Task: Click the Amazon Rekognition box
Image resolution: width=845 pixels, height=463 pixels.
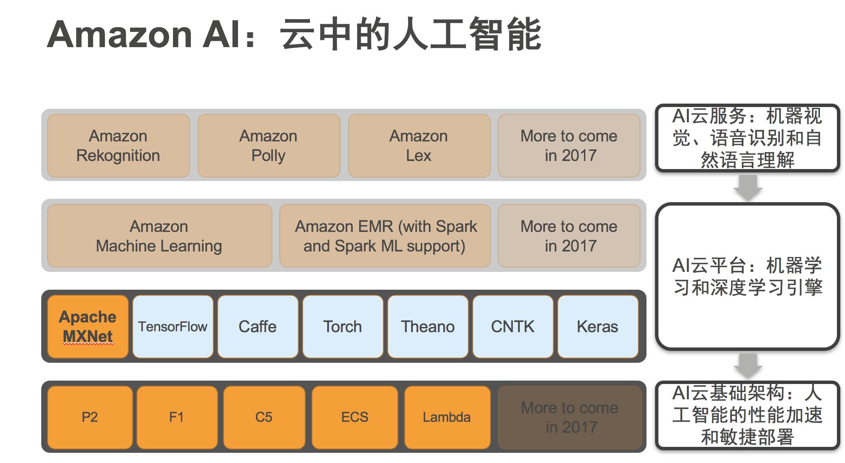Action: [118, 146]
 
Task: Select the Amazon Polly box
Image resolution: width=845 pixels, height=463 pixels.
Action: [269, 146]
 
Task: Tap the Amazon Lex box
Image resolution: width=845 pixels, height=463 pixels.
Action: [419, 146]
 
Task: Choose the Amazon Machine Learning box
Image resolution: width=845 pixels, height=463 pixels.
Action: [159, 236]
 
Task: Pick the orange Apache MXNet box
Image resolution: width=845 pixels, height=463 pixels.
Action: [88, 327]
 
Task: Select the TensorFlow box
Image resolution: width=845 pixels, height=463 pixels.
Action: [173, 327]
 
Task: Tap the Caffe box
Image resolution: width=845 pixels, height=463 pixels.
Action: [258, 327]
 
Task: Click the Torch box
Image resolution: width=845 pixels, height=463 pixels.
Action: [343, 327]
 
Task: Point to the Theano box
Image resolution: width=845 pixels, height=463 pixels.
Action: [428, 327]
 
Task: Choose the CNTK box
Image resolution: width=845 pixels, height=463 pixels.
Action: [513, 327]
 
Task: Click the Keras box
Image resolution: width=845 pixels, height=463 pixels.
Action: [598, 327]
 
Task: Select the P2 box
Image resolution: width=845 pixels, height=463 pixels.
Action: [90, 417]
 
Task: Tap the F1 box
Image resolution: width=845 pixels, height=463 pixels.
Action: [177, 417]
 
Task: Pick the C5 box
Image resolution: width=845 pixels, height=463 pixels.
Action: [264, 417]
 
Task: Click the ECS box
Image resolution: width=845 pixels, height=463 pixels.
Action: [354, 417]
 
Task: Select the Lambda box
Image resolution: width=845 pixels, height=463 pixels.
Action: [447, 417]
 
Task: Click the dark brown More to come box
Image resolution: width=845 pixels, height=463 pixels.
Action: [570, 417]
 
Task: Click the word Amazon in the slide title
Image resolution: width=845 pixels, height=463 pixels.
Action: [120, 35]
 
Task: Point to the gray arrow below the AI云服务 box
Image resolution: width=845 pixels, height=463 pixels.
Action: [748, 187]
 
